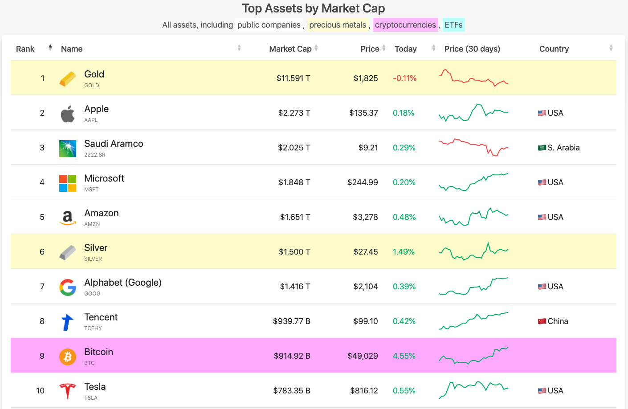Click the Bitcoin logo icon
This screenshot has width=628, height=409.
pyautogui.click(x=68, y=356)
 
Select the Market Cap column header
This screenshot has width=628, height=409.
pyautogui.click(x=290, y=49)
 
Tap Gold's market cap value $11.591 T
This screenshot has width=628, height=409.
pyautogui.click(x=293, y=78)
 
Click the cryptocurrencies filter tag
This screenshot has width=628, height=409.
pyautogui.click(x=405, y=24)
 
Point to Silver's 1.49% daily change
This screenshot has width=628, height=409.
pyautogui.click(x=404, y=251)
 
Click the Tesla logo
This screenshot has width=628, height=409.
pyautogui.click(x=68, y=391)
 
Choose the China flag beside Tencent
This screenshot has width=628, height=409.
pyautogui.click(x=542, y=321)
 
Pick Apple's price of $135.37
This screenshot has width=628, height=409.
pyautogui.click(x=363, y=113)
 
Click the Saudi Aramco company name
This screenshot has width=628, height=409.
pyautogui.click(x=114, y=143)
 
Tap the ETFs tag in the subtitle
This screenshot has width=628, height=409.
pyautogui.click(x=453, y=24)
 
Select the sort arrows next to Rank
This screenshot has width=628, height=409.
pyautogui.click(x=50, y=48)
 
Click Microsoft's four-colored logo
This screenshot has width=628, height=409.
pyautogui.click(x=68, y=183)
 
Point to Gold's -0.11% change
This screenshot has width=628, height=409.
pyautogui.click(x=404, y=78)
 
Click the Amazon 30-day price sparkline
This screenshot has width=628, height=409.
pyautogui.click(x=473, y=217)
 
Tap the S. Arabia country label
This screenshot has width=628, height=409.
pyautogui.click(x=563, y=148)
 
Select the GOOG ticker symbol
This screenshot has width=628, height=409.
pyautogui.click(x=92, y=294)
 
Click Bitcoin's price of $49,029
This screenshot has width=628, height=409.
pyautogui.click(x=363, y=356)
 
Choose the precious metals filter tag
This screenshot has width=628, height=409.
pyautogui.click(x=338, y=24)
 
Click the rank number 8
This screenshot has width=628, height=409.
pyautogui.click(x=42, y=321)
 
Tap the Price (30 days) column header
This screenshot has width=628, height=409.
pyautogui.click(x=472, y=49)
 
